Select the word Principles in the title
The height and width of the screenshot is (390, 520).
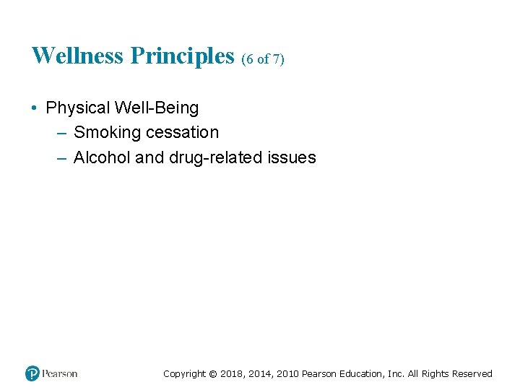(183, 56)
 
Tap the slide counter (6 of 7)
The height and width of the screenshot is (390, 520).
(263, 59)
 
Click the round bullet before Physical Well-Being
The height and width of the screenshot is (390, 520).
(35, 108)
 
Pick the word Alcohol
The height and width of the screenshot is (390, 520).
(102, 157)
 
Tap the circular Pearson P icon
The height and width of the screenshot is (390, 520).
(32, 373)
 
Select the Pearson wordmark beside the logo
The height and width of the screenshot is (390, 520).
(59, 373)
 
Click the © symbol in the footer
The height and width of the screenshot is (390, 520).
(212, 374)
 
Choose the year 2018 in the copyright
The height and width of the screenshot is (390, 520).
(231, 374)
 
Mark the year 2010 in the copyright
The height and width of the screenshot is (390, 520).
(286, 374)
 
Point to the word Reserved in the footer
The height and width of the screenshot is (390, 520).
(472, 374)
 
